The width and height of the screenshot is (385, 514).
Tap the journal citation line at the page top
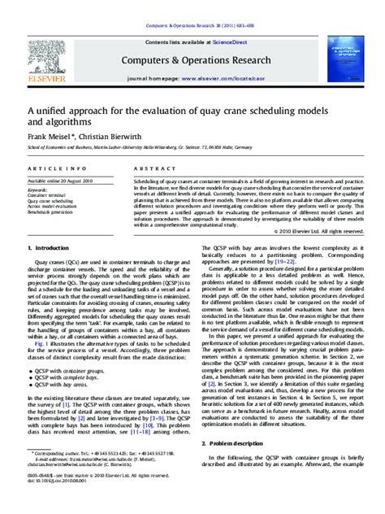click(192, 7)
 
